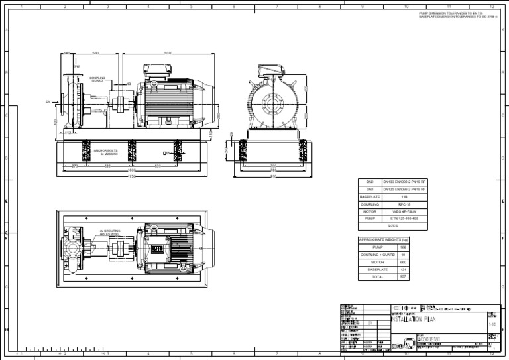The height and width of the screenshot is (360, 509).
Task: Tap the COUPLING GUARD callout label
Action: coord(97,80)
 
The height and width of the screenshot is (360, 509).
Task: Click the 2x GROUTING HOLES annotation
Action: coord(109,232)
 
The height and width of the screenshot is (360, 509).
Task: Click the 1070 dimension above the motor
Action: coord(168,53)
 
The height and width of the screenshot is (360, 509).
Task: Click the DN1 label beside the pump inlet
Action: coord(48,102)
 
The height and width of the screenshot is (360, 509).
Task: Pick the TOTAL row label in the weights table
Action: coord(377,277)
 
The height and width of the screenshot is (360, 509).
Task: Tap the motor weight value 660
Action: coord(402,262)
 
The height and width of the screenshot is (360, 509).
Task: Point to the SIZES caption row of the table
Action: coord(392,226)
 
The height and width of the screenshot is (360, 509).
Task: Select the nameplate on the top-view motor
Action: coord(158,248)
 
